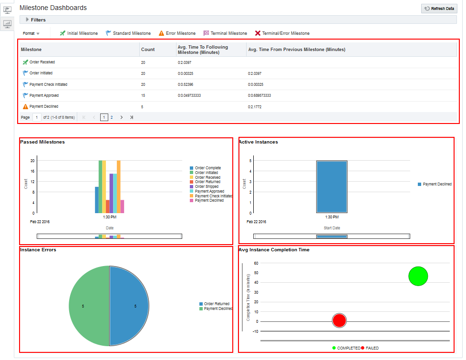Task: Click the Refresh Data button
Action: tap(439, 9)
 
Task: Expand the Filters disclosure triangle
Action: tap(27, 20)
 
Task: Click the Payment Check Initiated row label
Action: tap(48, 84)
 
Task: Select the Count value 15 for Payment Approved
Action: tap(143, 95)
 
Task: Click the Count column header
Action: tap(148, 50)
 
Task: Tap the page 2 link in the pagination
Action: tap(112, 117)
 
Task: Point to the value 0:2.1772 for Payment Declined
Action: tap(255, 107)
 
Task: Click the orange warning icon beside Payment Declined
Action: tap(25, 106)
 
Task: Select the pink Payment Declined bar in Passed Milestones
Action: tap(122, 206)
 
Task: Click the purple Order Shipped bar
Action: tap(111, 193)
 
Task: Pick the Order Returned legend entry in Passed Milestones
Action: tap(207, 182)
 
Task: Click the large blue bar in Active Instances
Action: tap(331, 186)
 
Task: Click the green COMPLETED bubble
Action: tap(418, 276)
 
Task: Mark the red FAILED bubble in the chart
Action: tap(339, 320)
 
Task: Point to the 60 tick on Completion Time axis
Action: tap(256, 263)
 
